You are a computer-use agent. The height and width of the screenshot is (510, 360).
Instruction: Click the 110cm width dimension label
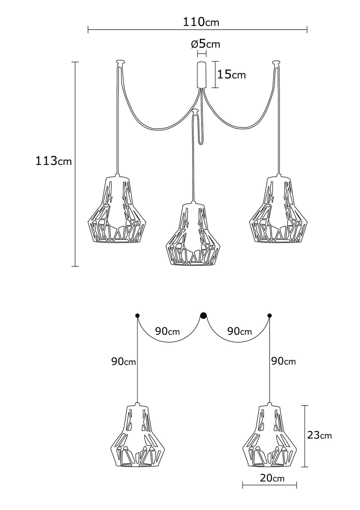(x=201, y=22)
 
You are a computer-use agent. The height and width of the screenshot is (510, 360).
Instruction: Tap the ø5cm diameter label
(x=205, y=44)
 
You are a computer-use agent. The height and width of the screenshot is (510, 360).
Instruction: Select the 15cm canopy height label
(x=232, y=74)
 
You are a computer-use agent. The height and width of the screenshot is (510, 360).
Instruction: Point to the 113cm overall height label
(x=54, y=161)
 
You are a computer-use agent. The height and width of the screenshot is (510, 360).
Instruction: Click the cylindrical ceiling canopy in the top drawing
(x=202, y=75)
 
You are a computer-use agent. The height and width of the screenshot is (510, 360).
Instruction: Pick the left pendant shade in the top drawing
(x=118, y=209)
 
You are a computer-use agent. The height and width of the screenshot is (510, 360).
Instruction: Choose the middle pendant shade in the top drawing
(x=194, y=234)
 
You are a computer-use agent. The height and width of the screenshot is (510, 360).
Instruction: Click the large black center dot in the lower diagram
(x=204, y=315)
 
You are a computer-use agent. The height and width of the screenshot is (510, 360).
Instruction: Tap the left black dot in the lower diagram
(x=138, y=315)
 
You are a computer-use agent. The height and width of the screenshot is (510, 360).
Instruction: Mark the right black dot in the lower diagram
(x=270, y=315)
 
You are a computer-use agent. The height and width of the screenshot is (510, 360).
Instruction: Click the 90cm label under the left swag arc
(x=168, y=331)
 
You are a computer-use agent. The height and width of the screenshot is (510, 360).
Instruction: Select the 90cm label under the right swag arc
(x=240, y=331)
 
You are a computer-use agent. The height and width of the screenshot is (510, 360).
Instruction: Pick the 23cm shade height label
(x=320, y=435)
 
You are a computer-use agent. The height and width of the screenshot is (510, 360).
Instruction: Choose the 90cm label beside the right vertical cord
(x=284, y=361)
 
